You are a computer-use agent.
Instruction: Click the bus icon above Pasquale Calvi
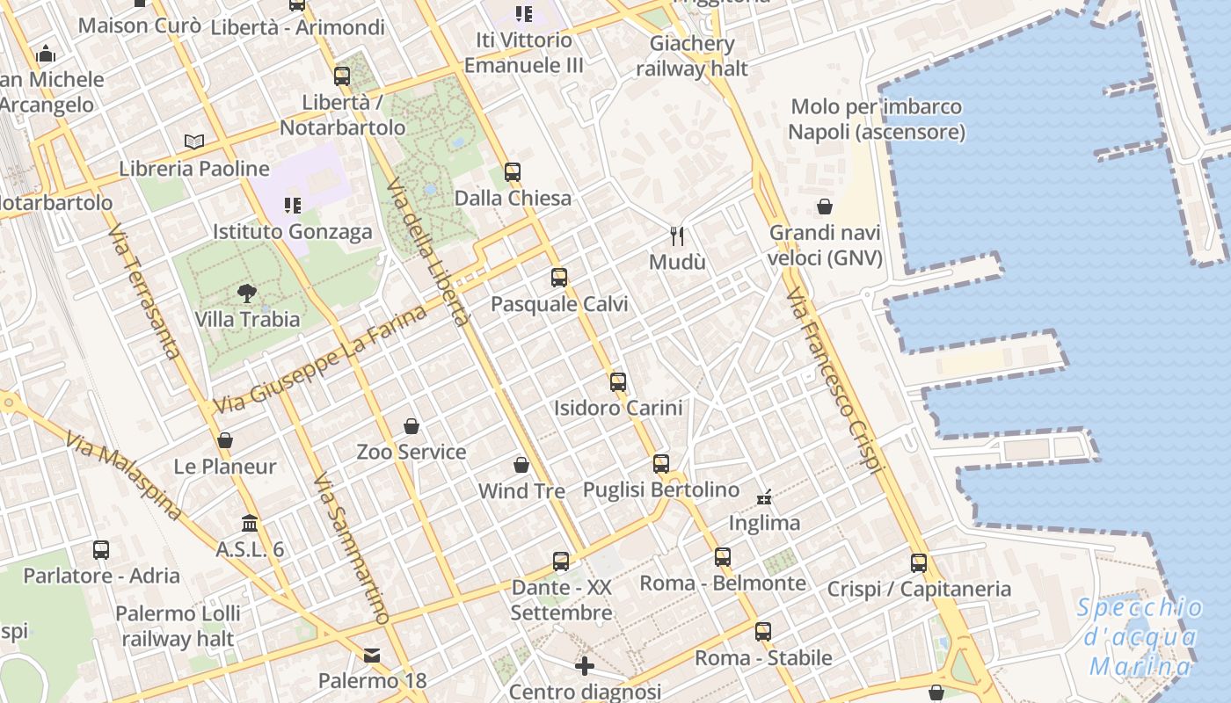tap(558, 278)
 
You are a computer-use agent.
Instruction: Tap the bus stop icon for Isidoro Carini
tap(618, 381)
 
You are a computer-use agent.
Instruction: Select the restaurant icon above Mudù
tap(677, 236)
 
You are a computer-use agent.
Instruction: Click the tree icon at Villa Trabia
tap(247, 294)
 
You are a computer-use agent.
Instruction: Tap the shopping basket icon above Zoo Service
tap(412, 426)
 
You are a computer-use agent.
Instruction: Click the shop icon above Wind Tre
tap(521, 465)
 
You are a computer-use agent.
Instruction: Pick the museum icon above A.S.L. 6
tap(250, 523)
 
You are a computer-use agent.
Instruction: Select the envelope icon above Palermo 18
tap(372, 655)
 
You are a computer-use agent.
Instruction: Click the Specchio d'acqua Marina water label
tap(1140, 637)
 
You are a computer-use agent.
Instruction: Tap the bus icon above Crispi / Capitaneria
tap(919, 562)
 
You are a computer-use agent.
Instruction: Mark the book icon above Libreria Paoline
tap(194, 141)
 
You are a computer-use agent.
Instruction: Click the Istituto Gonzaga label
tap(293, 232)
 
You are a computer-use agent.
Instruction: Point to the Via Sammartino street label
tap(351, 549)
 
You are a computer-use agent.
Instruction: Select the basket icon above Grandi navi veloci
tap(825, 207)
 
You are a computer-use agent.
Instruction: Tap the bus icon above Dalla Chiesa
tap(513, 172)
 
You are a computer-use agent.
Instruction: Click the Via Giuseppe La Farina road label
tap(320, 360)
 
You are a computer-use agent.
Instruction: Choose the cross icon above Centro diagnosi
tap(585, 666)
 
